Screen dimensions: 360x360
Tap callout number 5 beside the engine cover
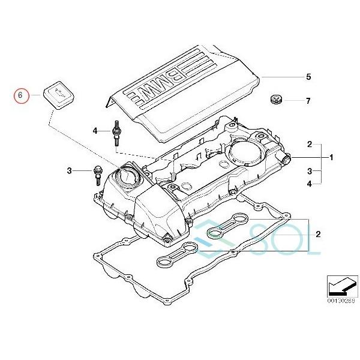(x=308, y=77)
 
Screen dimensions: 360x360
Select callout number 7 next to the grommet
(x=308, y=101)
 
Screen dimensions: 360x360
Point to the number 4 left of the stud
(x=95, y=131)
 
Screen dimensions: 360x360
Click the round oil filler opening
(x=129, y=177)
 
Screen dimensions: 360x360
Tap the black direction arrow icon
(x=340, y=282)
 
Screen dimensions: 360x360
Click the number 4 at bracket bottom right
(x=310, y=184)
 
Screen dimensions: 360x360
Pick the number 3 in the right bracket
(x=310, y=171)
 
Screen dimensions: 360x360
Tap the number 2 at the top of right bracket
(x=310, y=145)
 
